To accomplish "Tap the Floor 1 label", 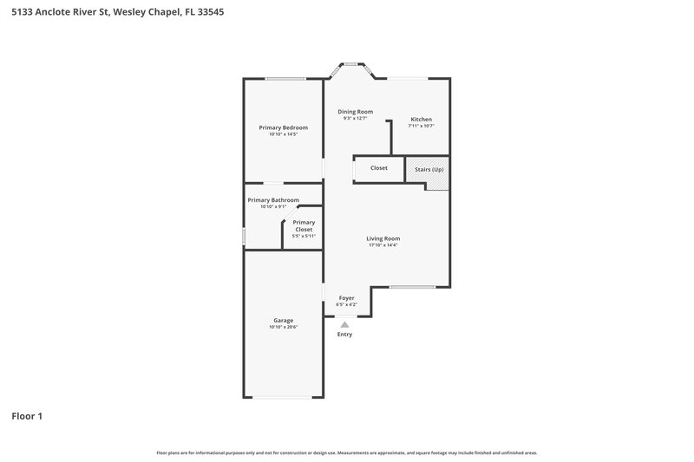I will click(x=27, y=416).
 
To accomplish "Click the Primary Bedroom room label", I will click(x=283, y=127).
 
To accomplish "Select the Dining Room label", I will click(x=355, y=112).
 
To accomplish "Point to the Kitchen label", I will click(x=421, y=120).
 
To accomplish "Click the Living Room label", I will click(x=383, y=238).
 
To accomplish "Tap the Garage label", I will click(x=283, y=320).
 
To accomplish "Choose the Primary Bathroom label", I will click(x=273, y=200).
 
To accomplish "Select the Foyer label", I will click(x=346, y=298).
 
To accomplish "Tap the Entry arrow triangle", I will click(x=344, y=324).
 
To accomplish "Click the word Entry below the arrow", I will click(x=344, y=335).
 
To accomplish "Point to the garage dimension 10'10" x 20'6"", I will click(x=283, y=327).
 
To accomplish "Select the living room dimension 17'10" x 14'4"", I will click(x=383, y=245).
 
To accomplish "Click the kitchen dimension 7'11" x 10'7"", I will click(x=421, y=127).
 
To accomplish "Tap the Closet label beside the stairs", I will click(x=379, y=168).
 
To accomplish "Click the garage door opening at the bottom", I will click(x=283, y=398).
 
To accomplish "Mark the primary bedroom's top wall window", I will click(x=284, y=80).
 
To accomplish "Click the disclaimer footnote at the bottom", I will click(x=346, y=452).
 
